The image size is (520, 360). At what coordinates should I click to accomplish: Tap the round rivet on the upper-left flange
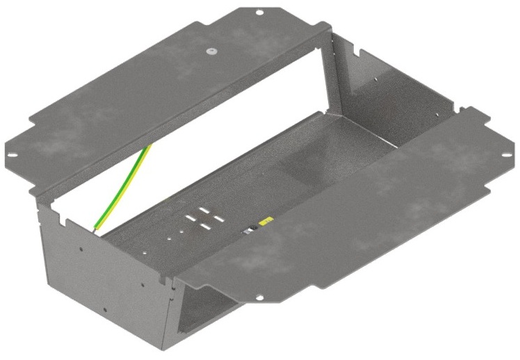[x=209, y=51]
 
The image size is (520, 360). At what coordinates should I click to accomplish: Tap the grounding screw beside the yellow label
[x=248, y=231]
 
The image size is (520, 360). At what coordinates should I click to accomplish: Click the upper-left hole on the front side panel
[x=81, y=248]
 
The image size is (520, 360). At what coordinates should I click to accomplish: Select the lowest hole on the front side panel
[x=105, y=310]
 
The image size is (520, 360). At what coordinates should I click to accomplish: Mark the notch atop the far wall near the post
[x=361, y=52]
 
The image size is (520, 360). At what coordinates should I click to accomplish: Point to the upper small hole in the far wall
[x=376, y=79]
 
